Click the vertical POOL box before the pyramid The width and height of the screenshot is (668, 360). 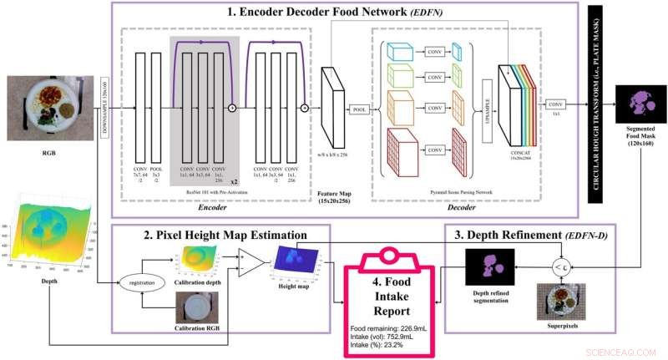[359, 109]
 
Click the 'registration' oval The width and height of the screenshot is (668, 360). [139, 283]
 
